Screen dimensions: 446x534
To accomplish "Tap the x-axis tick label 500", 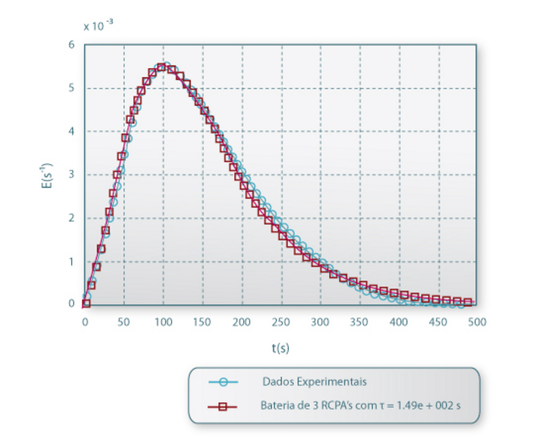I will tap(477, 322).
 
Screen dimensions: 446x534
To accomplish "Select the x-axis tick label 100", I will tap(163, 322).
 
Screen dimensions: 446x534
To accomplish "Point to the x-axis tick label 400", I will tap(399, 322).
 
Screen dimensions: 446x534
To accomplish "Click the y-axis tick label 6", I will tap(72, 45).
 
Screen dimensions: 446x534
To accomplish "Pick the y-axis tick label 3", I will tap(72, 175).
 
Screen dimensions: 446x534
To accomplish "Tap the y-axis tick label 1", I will tap(72, 261).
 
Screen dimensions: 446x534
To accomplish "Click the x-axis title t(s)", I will tap(280, 348).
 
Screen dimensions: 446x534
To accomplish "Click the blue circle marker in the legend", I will tap(223, 382).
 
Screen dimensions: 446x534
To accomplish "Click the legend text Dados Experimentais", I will tap(314, 382).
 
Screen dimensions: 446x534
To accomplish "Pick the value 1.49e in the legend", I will tap(402, 406).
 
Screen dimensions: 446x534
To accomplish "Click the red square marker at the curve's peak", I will tap(161, 67).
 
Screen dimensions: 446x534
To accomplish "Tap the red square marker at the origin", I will tap(86, 303).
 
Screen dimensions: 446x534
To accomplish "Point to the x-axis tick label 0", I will tap(85, 322).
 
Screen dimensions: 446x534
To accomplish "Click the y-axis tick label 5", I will tap(72, 89).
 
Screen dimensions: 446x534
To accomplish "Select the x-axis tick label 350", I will tap(359, 322).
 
